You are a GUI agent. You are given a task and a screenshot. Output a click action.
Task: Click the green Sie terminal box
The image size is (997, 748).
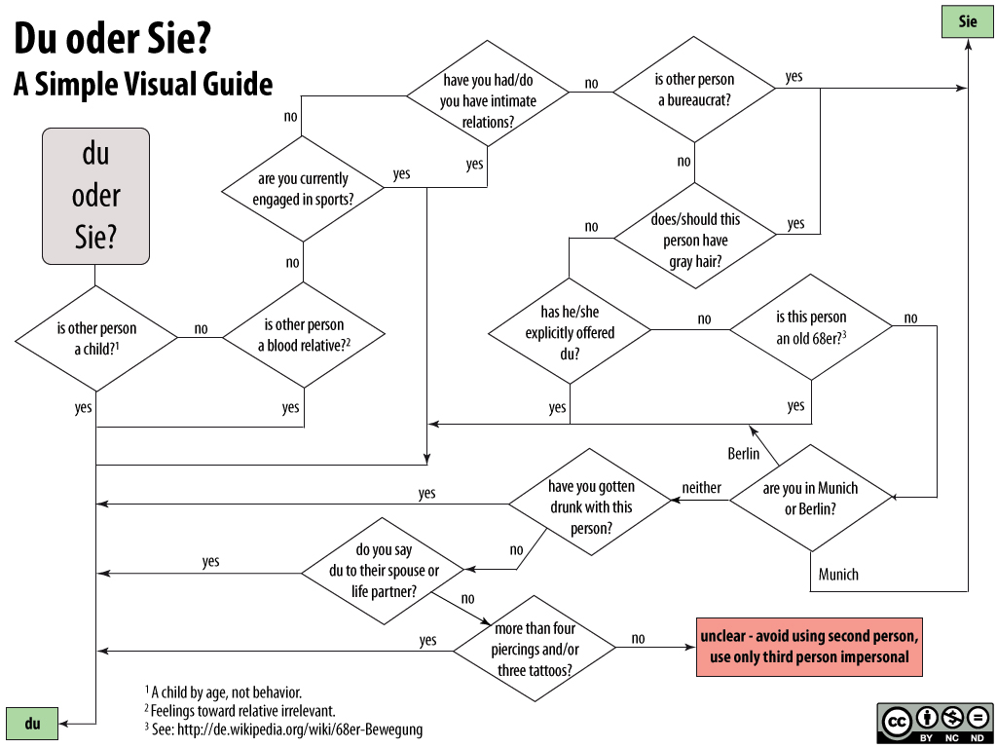(x=967, y=21)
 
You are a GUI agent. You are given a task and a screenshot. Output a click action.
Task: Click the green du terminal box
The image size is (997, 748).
(x=33, y=724)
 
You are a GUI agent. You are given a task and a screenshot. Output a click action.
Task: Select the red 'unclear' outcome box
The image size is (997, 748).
(x=808, y=647)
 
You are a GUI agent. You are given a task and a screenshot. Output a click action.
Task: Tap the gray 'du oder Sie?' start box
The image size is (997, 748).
(x=95, y=196)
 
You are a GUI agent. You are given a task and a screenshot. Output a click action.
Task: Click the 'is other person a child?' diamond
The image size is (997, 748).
(x=96, y=338)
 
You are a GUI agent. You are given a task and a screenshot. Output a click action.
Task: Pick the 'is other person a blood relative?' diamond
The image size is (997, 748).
(x=304, y=335)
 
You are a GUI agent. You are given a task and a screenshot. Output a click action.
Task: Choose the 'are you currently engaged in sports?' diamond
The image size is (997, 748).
(x=304, y=188)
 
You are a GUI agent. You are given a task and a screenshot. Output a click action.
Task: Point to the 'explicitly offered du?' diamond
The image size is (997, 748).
(x=570, y=332)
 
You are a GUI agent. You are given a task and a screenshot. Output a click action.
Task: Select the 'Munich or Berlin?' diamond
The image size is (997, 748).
(x=811, y=499)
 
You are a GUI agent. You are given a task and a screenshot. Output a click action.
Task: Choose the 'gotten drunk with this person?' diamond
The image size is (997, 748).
(x=590, y=505)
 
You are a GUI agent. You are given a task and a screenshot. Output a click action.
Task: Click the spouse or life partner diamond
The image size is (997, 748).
(x=385, y=572)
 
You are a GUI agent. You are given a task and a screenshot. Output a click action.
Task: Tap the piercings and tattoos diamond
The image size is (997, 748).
(x=535, y=648)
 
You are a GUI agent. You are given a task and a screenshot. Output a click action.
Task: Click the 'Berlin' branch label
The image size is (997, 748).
(x=744, y=454)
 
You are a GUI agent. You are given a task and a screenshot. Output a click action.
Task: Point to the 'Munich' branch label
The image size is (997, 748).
(x=838, y=575)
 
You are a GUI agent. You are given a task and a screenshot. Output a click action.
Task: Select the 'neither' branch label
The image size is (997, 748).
(x=701, y=488)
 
